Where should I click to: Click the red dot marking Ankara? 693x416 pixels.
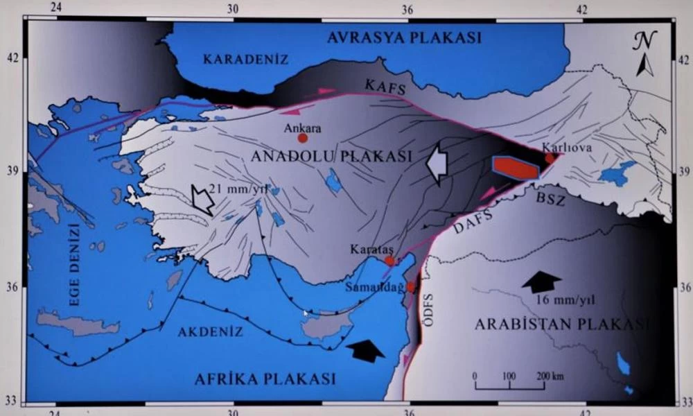pyautogui.click(x=303, y=138)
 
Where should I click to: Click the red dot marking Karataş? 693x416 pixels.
pyautogui.click(x=389, y=261)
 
